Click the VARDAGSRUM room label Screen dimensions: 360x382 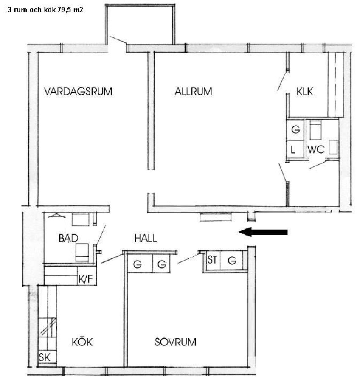point(78,92)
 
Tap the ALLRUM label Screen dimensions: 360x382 point(193,92)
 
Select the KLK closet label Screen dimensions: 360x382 point(305,92)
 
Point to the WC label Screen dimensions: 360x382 point(316,149)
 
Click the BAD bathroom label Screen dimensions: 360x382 point(68,238)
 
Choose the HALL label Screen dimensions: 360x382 point(146,238)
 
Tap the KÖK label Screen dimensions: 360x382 point(82,342)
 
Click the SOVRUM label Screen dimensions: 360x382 point(175,342)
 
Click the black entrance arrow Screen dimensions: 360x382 point(263,232)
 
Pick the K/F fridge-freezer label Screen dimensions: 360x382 point(86,279)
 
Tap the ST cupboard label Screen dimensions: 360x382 point(212,260)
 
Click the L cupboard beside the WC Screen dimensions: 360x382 point(295,149)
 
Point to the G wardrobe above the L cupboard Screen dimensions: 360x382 point(295,129)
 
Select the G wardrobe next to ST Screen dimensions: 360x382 point(232,261)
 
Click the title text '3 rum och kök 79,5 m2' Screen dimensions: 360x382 point(45,10)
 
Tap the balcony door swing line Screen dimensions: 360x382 point(118,40)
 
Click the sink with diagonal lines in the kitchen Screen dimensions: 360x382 point(48,327)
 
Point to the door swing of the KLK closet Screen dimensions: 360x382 point(283,81)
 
